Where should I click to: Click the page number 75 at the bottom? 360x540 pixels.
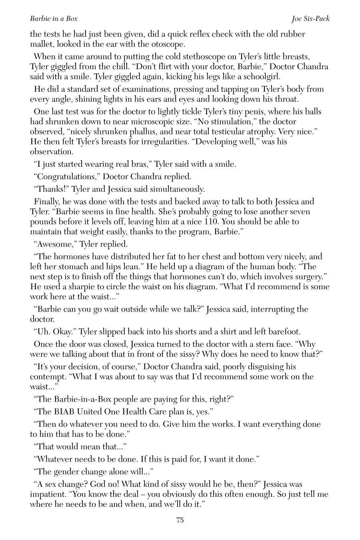coord(180,520)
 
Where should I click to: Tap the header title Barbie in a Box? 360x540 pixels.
coord(54,18)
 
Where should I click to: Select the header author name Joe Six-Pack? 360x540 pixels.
coord(311,18)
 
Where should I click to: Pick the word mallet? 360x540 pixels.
coord(41,44)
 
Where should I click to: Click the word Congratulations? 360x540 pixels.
coord(67,176)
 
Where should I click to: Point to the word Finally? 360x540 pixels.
coord(47,201)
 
